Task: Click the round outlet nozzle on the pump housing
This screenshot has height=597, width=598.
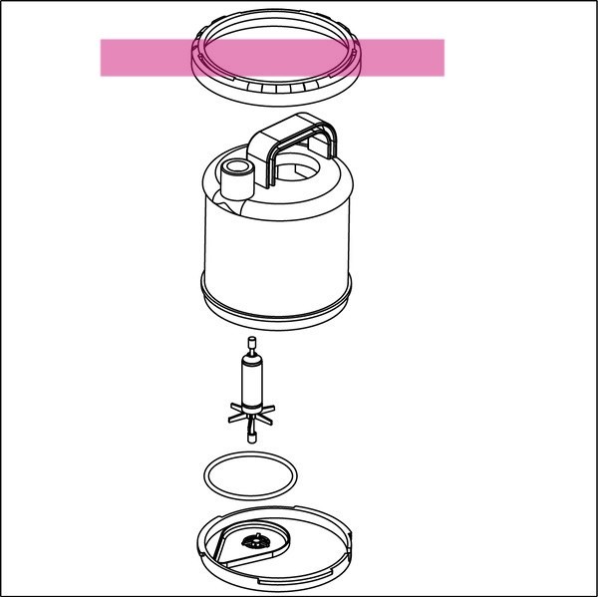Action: pyautogui.click(x=236, y=179)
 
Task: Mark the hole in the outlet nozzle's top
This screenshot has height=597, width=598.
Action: pyautogui.click(x=236, y=166)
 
